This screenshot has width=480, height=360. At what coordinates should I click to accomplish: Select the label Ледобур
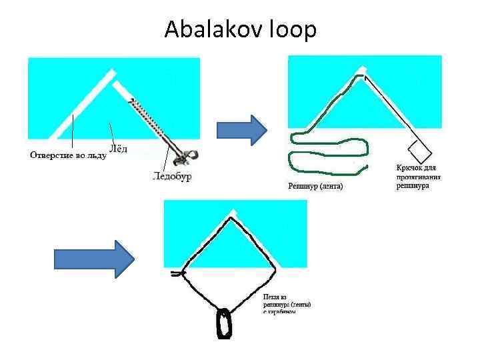pyautogui.click(x=172, y=177)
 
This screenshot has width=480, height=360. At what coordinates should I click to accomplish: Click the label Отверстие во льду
pyautogui.click(x=67, y=155)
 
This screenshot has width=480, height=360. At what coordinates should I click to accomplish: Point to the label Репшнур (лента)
pyautogui.click(x=315, y=187)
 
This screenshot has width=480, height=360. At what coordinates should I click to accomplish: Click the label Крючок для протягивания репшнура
pyautogui.click(x=419, y=177)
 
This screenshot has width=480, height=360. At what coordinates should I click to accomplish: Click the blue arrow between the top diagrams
pyautogui.click(x=241, y=129)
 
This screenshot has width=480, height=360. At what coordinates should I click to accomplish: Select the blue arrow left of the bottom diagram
pyautogui.click(x=94, y=258)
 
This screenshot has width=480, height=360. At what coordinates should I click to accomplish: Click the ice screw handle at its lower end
pyautogui.click(x=183, y=157)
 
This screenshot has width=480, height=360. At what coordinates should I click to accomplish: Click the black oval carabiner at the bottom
pyautogui.click(x=223, y=324)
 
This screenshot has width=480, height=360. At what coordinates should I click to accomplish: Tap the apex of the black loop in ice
pyautogui.click(x=231, y=217)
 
